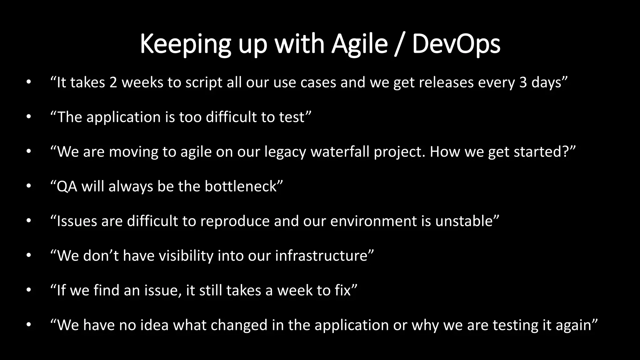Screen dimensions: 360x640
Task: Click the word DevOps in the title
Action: click(456, 44)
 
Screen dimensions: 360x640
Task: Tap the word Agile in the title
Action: click(359, 44)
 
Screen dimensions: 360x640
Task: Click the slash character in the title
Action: click(400, 44)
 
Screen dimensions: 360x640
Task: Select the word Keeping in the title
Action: click(185, 44)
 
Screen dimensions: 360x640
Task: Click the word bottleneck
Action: click(241, 187)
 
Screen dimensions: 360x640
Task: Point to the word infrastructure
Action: click(321, 256)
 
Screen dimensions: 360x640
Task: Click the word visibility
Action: click(186, 256)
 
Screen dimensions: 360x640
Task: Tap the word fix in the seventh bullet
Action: click(342, 290)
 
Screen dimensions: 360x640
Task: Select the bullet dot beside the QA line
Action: click(29, 186)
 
